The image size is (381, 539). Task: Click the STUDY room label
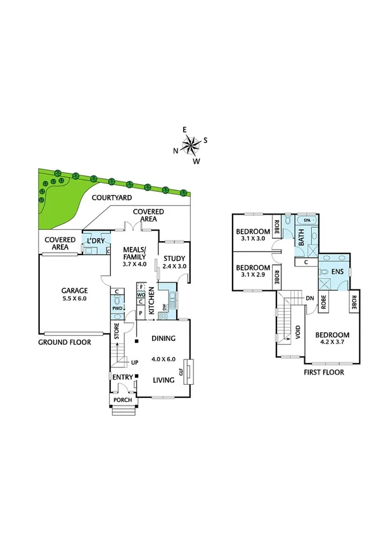pos(174,258)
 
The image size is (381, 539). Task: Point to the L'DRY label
pos(96,241)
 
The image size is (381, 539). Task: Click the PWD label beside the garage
pos(117,309)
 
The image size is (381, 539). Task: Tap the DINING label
pos(163,339)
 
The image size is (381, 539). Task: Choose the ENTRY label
pos(122,378)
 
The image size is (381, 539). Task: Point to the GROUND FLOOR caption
pos(64,342)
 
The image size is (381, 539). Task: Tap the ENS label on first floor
pos(339,272)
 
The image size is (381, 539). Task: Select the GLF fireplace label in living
pos(181,373)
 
